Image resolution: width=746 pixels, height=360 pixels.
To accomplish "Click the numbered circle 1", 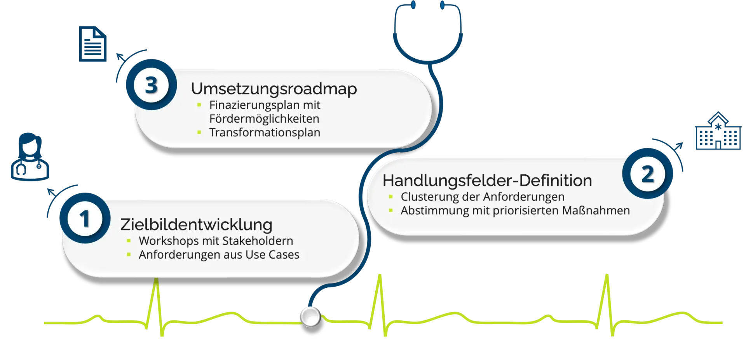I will click(x=84, y=218).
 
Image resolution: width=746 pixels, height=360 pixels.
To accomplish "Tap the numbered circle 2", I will click(x=647, y=174).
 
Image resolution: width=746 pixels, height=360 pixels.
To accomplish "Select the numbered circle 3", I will click(x=151, y=85).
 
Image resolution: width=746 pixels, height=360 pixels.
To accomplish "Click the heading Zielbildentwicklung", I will click(x=196, y=224).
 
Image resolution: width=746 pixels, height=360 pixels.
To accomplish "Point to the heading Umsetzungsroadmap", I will click(x=274, y=89).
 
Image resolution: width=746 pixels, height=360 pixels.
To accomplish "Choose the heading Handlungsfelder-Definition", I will click(x=487, y=181).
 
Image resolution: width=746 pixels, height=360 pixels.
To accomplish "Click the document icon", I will click(x=93, y=44).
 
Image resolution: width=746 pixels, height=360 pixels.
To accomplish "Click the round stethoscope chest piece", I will click(x=310, y=317).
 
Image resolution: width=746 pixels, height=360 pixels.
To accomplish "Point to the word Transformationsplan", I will click(x=265, y=132).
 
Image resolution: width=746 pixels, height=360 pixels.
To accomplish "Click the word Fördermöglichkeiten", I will click(x=264, y=119).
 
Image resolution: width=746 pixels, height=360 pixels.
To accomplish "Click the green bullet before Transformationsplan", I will click(x=199, y=132).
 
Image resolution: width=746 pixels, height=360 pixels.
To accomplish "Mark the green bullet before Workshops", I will click(x=129, y=241).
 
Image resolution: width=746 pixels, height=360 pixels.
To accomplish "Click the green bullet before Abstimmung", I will click(x=391, y=210).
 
